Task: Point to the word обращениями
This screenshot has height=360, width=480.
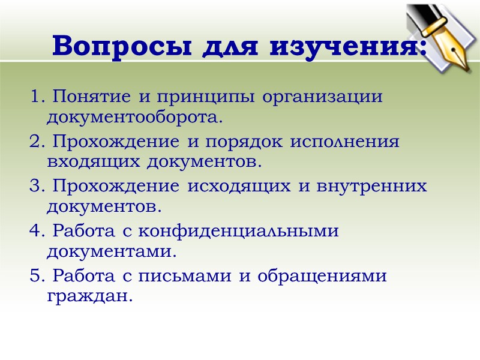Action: (x=322, y=276)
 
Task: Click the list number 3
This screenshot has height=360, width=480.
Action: (x=34, y=186)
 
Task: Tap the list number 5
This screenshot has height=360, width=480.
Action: (x=34, y=276)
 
